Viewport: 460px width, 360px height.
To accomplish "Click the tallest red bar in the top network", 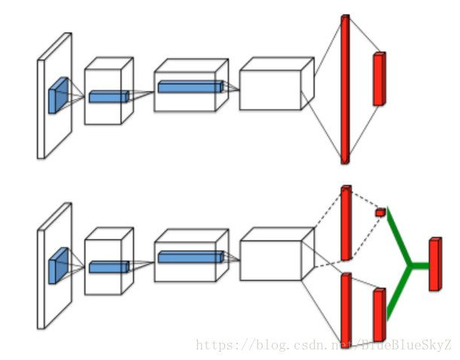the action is coord(345,89).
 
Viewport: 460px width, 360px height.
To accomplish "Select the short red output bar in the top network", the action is coord(379,78).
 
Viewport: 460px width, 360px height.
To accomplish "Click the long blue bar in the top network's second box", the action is coord(190,87).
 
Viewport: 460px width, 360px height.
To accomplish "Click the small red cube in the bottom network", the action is coord(380,212).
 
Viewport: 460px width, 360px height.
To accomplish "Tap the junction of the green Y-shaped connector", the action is coord(410,264).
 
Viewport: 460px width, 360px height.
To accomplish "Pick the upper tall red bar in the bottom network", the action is coord(346,222).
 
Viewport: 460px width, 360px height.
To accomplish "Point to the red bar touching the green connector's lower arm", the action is coord(379,315).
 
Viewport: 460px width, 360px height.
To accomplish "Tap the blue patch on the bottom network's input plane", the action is coord(57,266).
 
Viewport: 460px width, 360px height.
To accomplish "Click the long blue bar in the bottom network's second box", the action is coord(190,257).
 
